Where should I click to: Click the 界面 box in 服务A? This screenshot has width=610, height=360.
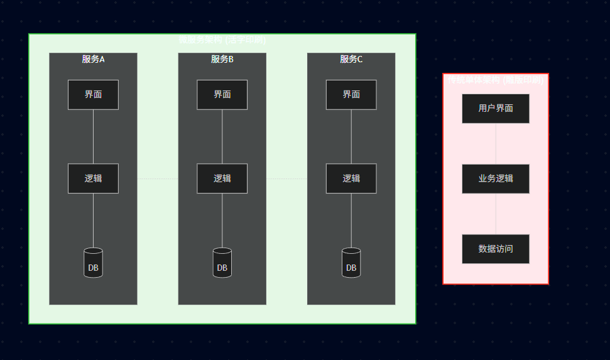93,95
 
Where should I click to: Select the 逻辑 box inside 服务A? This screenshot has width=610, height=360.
93,178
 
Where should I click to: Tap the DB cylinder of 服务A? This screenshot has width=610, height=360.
93,263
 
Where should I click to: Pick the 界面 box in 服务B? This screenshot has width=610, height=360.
222,95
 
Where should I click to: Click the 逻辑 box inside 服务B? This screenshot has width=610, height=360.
222,178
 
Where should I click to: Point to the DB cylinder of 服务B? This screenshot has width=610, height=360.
222,263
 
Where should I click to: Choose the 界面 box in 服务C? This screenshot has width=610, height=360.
351,95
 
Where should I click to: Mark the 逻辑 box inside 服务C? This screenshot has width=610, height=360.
351,178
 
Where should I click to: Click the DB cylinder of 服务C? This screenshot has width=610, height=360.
351,263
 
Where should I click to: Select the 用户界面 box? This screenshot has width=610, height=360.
496,109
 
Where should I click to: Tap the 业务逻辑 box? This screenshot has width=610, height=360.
496,179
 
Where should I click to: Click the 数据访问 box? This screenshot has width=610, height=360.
496,249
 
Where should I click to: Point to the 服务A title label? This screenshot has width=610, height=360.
93,60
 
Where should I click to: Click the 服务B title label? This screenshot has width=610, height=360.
222,60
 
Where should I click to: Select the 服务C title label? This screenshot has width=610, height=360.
351,60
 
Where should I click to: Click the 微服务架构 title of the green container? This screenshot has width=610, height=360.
222,40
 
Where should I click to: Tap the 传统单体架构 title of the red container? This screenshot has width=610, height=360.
496,80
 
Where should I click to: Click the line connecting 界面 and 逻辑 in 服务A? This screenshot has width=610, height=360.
93,137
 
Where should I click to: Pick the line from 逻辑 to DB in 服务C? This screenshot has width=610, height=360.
351,220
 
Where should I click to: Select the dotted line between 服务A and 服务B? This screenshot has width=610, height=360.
158,178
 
